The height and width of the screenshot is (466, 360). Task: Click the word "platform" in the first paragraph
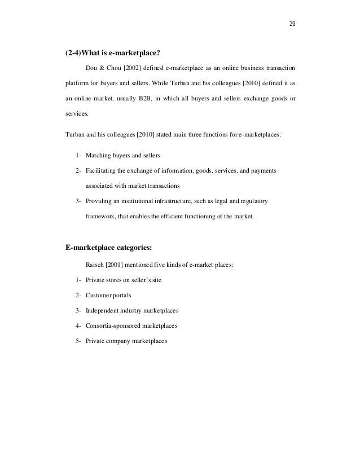79,82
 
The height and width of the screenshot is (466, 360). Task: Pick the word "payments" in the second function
264,170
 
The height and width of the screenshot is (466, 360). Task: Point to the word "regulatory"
253,201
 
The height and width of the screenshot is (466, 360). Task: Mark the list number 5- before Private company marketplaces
77,341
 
